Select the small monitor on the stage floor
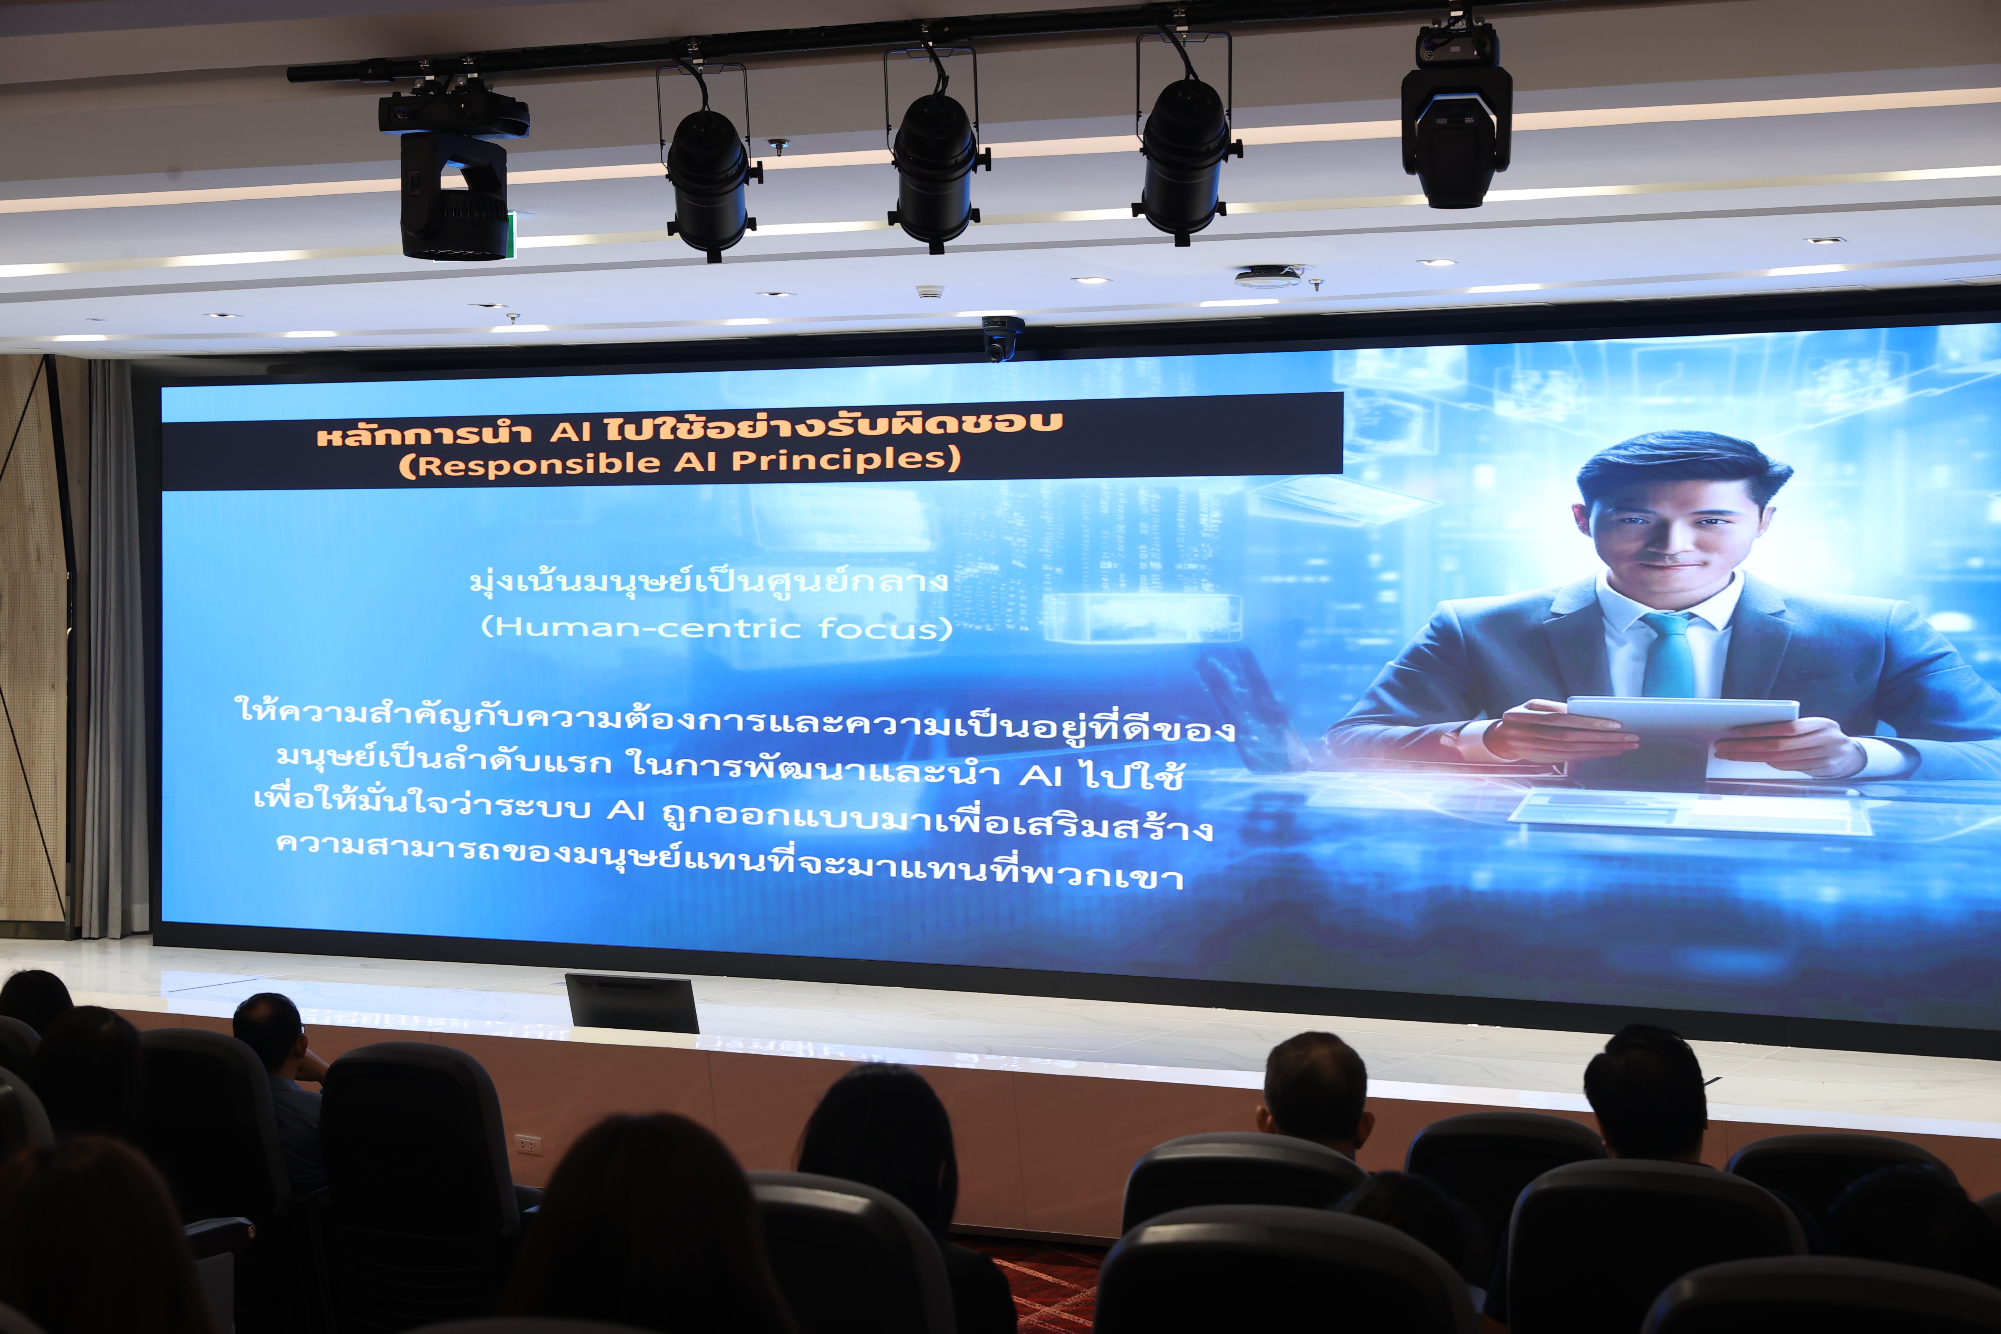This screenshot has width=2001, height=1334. [631, 1002]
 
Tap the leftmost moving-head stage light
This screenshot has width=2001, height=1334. [453, 170]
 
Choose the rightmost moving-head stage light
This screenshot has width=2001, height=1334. [1457, 115]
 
